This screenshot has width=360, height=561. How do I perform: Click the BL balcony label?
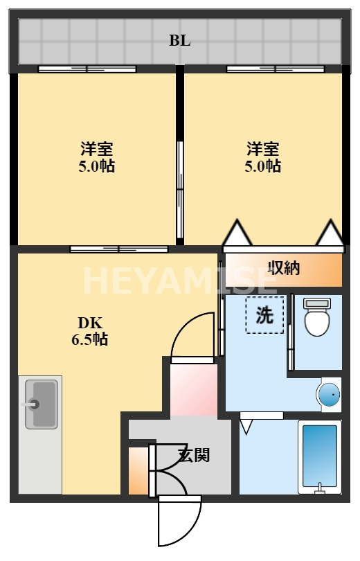point(180,40)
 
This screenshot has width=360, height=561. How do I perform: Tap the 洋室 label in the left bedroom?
point(97,149)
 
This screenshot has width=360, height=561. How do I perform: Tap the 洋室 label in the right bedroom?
point(264,149)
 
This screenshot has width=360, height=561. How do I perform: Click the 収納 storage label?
point(284,268)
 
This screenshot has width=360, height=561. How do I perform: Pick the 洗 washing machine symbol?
point(264,316)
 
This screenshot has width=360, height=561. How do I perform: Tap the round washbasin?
point(328,395)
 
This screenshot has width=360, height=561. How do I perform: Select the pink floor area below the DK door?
point(193,389)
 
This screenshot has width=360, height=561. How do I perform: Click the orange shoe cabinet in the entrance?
point(138,471)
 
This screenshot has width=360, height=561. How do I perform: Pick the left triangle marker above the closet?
point(237,233)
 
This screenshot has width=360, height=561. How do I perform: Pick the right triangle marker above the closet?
point(330,233)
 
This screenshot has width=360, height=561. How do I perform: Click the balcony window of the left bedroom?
point(87,69)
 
